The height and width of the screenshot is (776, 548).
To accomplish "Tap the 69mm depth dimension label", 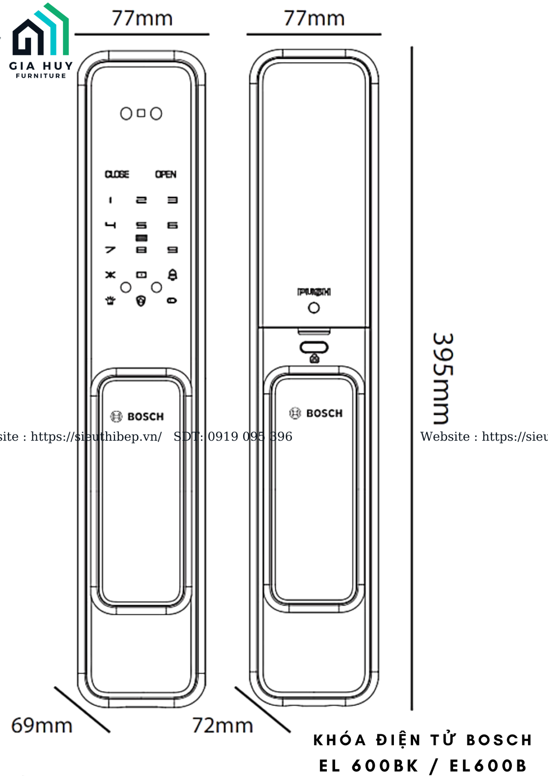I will click(x=42, y=726).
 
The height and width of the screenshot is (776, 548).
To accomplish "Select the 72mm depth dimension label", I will click(x=222, y=726).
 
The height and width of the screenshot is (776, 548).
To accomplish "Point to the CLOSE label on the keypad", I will click(x=117, y=174).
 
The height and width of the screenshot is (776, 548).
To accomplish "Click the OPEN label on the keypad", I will click(x=166, y=174).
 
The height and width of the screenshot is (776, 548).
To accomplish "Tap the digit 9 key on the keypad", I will click(x=173, y=250).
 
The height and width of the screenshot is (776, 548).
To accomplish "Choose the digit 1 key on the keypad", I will click(x=110, y=200).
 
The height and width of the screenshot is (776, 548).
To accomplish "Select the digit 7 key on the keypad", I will click(x=110, y=250).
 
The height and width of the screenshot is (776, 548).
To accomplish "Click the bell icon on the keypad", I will click(x=173, y=275).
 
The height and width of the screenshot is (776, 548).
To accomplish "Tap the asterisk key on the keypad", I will click(x=110, y=275).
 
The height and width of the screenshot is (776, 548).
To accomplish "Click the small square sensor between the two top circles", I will click(x=141, y=113).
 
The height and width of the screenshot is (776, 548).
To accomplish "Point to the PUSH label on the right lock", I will click(x=314, y=292).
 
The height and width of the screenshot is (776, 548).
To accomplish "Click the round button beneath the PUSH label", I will click(x=314, y=308).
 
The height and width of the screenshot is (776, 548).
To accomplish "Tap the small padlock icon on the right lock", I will click(x=314, y=358).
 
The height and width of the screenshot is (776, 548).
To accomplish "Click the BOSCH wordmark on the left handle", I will click(x=145, y=417).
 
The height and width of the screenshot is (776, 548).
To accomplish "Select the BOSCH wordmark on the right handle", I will click(x=324, y=413).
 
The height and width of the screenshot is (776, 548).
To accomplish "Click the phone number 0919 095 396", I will click(x=250, y=436).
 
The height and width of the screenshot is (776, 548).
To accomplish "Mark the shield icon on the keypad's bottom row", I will click(x=141, y=301).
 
